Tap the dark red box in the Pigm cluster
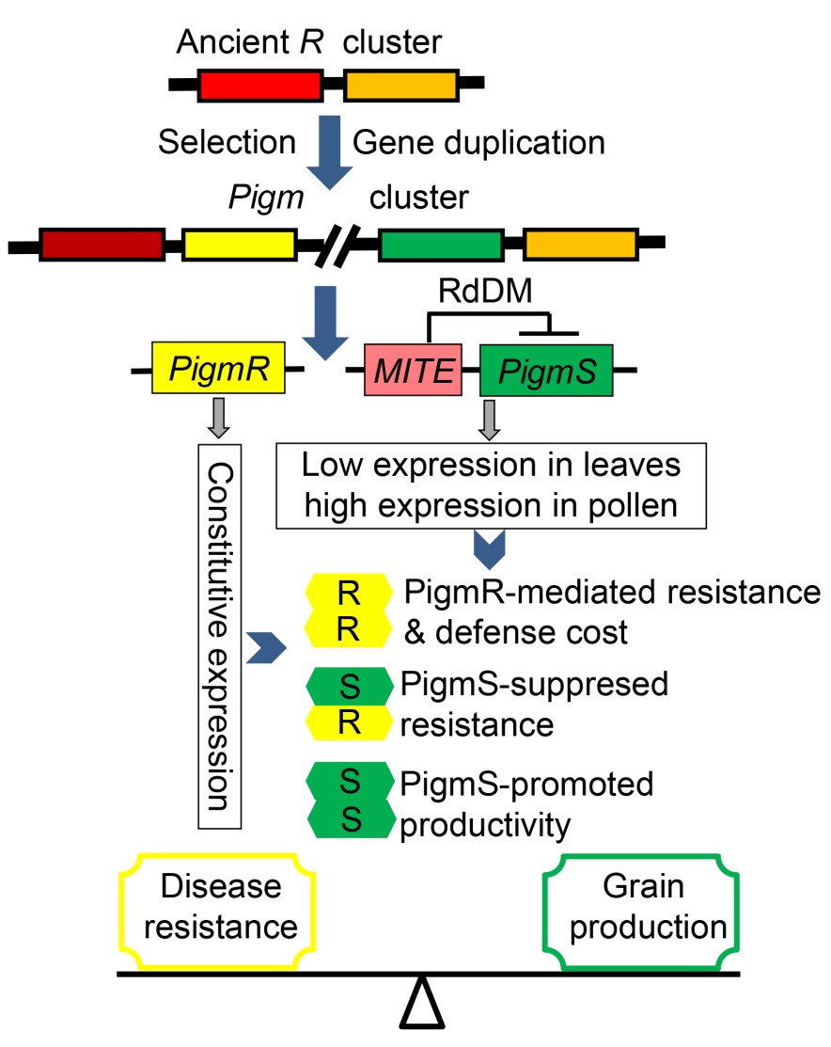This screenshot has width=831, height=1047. (x=101, y=243)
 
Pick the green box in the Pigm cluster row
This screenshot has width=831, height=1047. (x=440, y=244)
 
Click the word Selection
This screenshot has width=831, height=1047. (x=227, y=142)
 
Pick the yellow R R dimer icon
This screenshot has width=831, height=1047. (x=347, y=612)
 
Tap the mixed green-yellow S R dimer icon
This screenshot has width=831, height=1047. (x=347, y=706)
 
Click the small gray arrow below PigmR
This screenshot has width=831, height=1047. (x=217, y=417)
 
